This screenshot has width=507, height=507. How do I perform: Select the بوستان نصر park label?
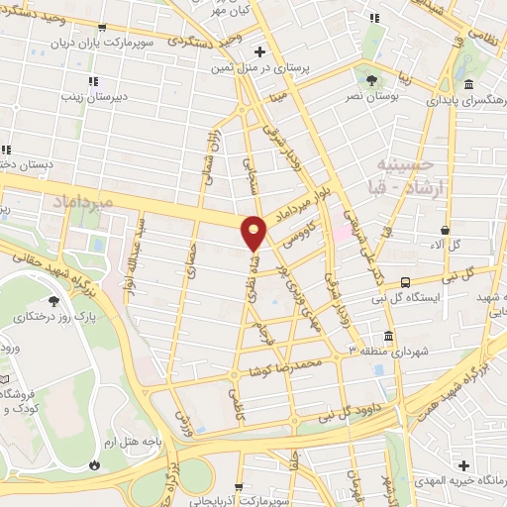(366, 98)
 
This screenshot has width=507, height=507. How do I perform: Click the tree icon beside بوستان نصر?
(370, 79)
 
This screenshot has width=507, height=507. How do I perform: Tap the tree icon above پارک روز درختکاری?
(52, 301)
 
